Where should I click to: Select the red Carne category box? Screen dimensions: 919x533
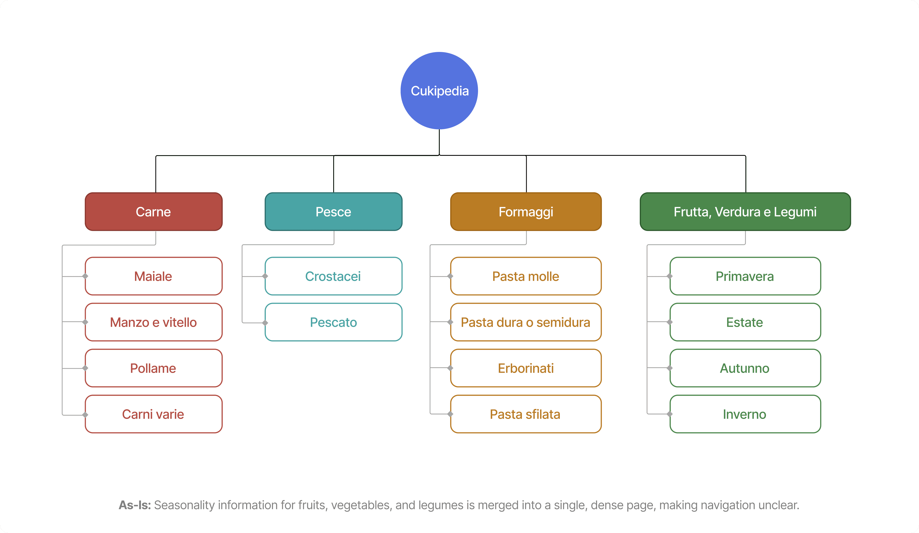(x=154, y=211)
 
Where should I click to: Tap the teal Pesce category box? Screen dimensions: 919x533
(x=333, y=211)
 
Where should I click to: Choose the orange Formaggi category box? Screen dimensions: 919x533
(x=526, y=211)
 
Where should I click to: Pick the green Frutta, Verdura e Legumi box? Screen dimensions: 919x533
(x=745, y=211)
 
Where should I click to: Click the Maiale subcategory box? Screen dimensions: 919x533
(x=154, y=276)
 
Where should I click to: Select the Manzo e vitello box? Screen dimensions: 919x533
(x=154, y=322)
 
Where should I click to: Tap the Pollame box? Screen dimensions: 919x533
(x=154, y=368)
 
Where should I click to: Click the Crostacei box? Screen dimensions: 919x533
(x=333, y=276)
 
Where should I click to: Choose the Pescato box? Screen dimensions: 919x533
(x=333, y=322)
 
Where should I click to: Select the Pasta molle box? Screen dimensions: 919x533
(x=526, y=276)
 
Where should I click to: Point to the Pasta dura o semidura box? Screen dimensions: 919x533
(x=526, y=322)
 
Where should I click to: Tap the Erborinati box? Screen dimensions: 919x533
(x=526, y=368)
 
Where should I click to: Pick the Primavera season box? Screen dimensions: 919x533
(x=745, y=276)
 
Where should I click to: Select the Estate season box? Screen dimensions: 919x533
(x=745, y=322)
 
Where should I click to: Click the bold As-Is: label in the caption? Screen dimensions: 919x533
(x=135, y=505)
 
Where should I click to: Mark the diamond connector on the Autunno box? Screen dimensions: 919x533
(x=670, y=368)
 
